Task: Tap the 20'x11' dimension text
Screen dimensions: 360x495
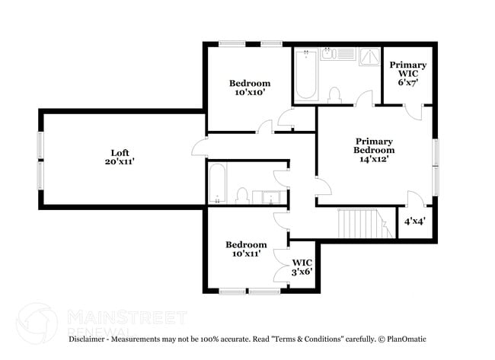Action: click(120, 161)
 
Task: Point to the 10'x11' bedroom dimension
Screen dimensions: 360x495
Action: click(246, 253)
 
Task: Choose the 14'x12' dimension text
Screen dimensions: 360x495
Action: click(373, 160)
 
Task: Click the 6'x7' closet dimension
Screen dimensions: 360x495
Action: click(408, 81)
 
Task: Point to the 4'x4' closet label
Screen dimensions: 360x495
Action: click(415, 221)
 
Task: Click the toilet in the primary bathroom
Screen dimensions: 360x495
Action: click(333, 94)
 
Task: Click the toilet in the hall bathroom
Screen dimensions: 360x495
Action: click(242, 195)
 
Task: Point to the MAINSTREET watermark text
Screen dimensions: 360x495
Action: click(126, 316)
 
